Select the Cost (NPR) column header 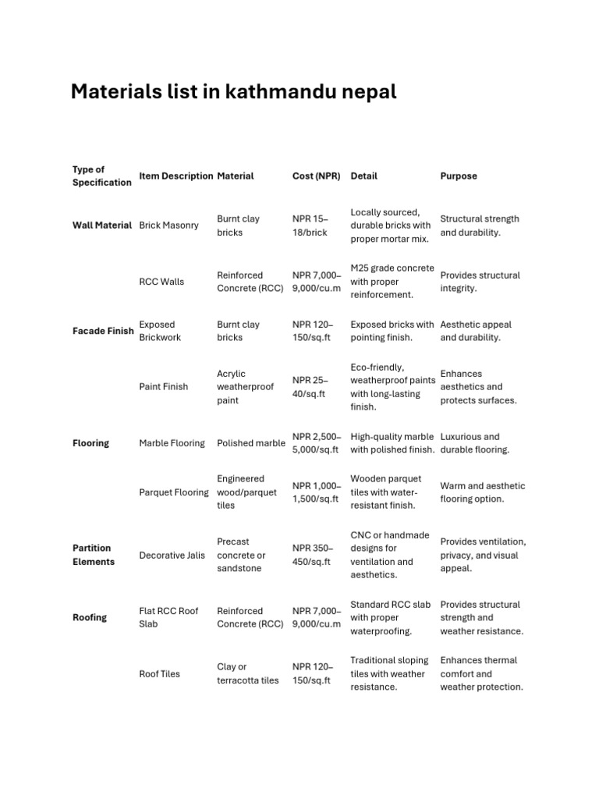(x=316, y=176)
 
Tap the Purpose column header (x=459, y=176)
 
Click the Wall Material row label (x=102, y=225)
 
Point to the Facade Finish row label (x=103, y=331)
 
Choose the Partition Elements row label (x=93, y=555)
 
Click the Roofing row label (x=90, y=618)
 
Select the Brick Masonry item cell (x=168, y=225)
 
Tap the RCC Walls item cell (x=161, y=282)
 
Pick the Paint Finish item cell (x=163, y=387)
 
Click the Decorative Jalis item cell (x=172, y=556)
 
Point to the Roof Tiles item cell (x=159, y=674)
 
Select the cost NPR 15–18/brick (x=310, y=225)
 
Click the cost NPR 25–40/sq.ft (x=310, y=387)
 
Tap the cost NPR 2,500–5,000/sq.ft (x=316, y=443)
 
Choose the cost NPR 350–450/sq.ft (x=312, y=555)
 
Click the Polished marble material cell (x=251, y=443)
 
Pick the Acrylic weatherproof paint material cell (x=245, y=387)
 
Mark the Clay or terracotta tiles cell (x=247, y=674)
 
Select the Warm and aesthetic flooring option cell (x=483, y=492)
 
